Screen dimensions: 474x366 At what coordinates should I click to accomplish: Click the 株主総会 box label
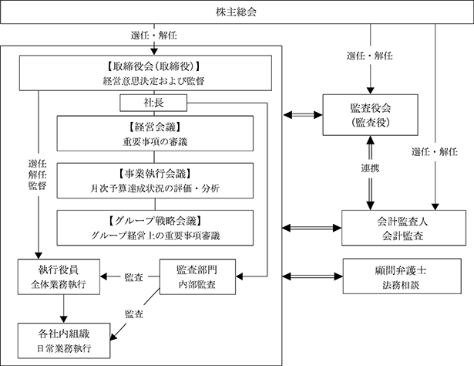click(236, 12)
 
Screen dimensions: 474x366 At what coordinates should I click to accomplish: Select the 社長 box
click(153, 103)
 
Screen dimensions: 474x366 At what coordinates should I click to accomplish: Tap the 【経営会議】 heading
click(155, 127)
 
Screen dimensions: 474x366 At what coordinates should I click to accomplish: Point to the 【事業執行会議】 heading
click(155, 174)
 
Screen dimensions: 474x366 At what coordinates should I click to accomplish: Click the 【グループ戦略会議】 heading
click(155, 221)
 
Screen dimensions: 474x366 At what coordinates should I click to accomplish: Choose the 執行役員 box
click(59, 276)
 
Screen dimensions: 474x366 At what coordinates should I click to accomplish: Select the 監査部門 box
click(197, 276)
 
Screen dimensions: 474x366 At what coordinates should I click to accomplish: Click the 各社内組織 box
click(64, 341)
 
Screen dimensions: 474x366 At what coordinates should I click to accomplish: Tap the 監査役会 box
click(370, 115)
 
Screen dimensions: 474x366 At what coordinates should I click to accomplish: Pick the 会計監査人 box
click(404, 228)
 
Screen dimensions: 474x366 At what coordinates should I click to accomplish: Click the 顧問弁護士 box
click(402, 276)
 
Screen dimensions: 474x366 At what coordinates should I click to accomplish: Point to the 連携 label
click(370, 168)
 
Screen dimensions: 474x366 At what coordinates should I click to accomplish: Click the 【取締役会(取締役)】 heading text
click(154, 66)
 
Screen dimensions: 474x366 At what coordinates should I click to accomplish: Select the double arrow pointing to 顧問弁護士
click(313, 276)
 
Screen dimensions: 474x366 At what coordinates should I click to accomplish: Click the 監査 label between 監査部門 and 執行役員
click(133, 277)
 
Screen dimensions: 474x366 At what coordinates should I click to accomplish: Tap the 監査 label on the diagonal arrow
click(134, 314)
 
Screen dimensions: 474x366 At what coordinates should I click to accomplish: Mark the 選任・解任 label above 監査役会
click(370, 56)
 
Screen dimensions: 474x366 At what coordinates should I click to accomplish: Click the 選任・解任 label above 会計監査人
click(435, 151)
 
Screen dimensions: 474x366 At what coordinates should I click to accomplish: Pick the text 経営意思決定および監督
click(154, 81)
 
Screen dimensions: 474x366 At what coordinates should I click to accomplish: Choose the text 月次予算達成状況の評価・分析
click(155, 188)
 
